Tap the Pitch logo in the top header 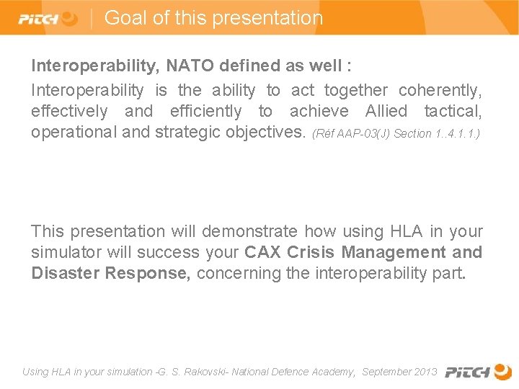tap(48, 19)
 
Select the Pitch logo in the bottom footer tap(478, 372)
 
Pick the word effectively tap(69, 112)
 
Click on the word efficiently tap(205, 112)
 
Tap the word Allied tap(386, 112)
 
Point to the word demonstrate tap(249, 231)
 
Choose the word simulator tap(64, 252)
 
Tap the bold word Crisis tap(311, 252)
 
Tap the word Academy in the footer tap(333, 372)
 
